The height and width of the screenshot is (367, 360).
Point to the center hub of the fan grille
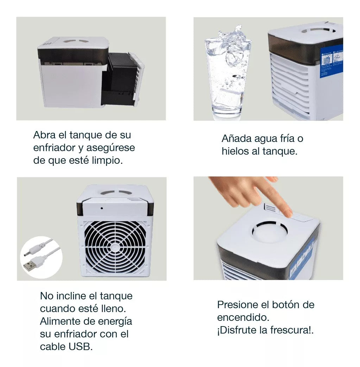point(114,247)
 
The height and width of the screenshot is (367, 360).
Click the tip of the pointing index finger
point(288,213)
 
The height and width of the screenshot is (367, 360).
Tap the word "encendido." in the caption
point(243,318)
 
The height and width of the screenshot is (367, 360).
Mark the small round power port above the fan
point(102,208)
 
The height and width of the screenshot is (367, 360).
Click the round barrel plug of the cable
point(27,254)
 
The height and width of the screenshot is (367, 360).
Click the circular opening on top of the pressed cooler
point(270,231)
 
